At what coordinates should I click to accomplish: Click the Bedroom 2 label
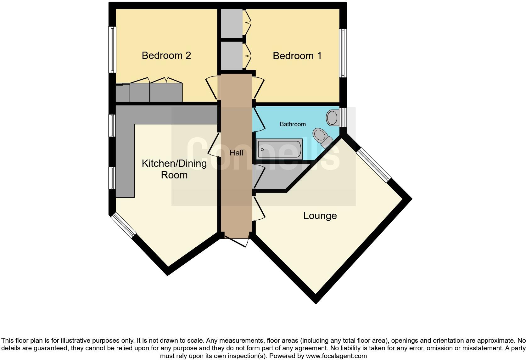(x=166, y=55)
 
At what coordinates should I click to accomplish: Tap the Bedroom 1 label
(x=297, y=56)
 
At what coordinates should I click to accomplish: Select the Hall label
(x=236, y=153)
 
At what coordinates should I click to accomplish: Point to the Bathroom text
(x=293, y=124)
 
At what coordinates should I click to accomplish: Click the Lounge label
(x=320, y=216)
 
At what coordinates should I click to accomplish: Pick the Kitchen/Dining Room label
(x=174, y=169)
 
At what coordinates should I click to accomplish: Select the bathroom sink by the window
(x=332, y=118)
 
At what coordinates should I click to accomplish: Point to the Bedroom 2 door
(x=211, y=88)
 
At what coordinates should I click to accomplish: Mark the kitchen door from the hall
(x=214, y=145)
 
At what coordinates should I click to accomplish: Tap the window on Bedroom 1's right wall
(x=343, y=53)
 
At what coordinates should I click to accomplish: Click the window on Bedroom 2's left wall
(x=112, y=49)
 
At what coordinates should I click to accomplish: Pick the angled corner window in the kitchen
(x=125, y=225)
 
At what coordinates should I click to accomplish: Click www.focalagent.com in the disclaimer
(x=336, y=356)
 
